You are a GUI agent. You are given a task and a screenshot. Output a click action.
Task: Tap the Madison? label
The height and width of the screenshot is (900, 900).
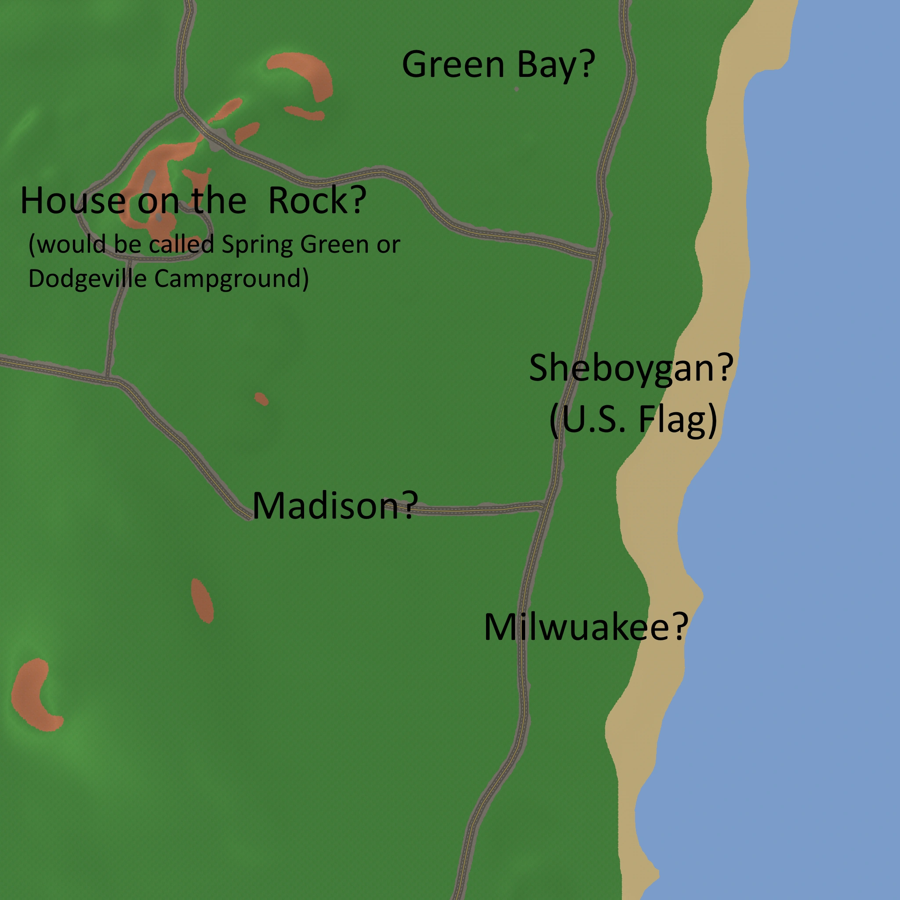coord(334,506)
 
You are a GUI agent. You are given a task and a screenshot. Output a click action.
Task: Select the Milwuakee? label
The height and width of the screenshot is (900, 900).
coord(585,627)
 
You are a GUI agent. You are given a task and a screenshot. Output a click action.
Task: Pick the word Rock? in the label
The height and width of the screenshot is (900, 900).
coord(317,200)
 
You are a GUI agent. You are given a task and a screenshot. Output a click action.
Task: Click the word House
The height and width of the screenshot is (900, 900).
coord(73,200)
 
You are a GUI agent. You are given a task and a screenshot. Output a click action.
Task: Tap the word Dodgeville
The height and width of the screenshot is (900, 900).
coord(87,279)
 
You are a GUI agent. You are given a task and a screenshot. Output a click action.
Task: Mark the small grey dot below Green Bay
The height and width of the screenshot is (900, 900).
coord(517,89)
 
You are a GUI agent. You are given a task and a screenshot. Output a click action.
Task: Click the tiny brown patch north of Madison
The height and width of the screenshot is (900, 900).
coord(261,399)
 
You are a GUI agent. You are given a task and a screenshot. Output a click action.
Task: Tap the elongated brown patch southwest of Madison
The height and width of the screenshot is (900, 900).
coord(202,600)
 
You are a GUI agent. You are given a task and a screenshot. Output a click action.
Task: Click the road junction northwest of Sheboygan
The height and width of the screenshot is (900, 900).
coord(597,255)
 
